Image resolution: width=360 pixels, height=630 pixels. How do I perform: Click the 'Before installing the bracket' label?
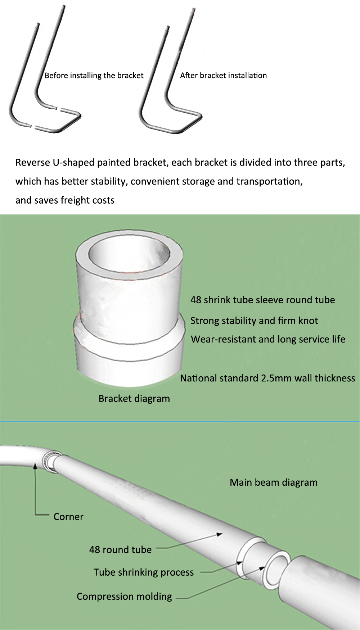pyautogui.click(x=94, y=76)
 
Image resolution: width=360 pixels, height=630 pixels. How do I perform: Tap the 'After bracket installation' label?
pyautogui.click(x=224, y=76)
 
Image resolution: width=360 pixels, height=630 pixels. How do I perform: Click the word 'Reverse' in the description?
pyautogui.click(x=33, y=163)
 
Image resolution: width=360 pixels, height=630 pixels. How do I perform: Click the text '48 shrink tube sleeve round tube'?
pyautogui.click(x=263, y=300)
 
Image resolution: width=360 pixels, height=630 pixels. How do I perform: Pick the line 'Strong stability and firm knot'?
pyautogui.click(x=254, y=321)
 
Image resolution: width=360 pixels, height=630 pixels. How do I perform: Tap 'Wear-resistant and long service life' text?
pyautogui.click(x=268, y=339)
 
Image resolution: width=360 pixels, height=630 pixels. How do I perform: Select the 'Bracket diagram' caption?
pyautogui.click(x=134, y=399)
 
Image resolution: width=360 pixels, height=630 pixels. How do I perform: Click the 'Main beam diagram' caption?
pyautogui.click(x=274, y=482)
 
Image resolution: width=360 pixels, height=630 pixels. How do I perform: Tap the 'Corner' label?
pyautogui.click(x=68, y=517)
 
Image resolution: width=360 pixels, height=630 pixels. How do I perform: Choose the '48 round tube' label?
pyautogui.click(x=121, y=550)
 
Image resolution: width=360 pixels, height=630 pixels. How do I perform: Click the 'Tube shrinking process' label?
pyautogui.click(x=144, y=572)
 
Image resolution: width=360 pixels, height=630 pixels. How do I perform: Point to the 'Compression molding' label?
pyautogui.click(x=125, y=597)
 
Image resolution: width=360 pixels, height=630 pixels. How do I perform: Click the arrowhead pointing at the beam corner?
pyautogui.click(x=35, y=466)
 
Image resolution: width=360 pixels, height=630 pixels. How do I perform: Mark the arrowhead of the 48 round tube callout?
pyautogui.click(x=220, y=534)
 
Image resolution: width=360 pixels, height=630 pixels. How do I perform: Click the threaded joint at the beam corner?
pyautogui.click(x=50, y=462)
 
